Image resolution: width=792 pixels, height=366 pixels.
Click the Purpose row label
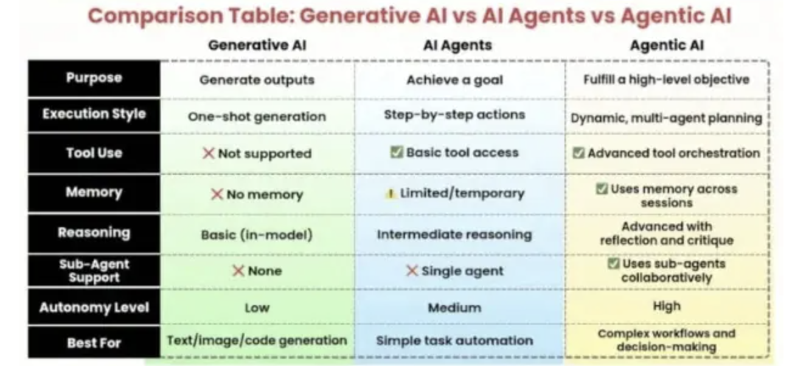[94, 78]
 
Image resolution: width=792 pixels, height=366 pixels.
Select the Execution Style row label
[94, 114]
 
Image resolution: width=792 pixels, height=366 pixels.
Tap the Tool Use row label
[94, 153]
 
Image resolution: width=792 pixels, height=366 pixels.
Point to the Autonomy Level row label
[94, 308]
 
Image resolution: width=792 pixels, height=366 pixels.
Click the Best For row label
[94, 343]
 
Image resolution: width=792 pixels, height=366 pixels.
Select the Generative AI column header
[257, 45]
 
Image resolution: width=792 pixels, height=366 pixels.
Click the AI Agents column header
[457, 45]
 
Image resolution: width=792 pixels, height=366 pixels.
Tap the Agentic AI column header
[667, 45]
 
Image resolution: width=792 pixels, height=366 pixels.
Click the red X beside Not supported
[209, 153]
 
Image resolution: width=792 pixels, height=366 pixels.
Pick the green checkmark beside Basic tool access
[397, 152]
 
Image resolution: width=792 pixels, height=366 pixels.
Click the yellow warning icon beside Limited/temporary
[391, 194]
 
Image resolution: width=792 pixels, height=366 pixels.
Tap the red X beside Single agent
[412, 271]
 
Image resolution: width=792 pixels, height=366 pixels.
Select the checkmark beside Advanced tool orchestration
[578, 153]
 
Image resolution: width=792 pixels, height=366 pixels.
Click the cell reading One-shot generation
[257, 116]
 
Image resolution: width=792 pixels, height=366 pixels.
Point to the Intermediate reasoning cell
[454, 234]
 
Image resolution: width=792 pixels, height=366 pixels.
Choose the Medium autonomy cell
[454, 308]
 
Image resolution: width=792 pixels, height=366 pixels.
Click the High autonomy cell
[667, 306]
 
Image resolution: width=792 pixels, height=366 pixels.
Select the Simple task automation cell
[454, 340]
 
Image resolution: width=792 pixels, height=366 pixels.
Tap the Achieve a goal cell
[454, 80]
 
